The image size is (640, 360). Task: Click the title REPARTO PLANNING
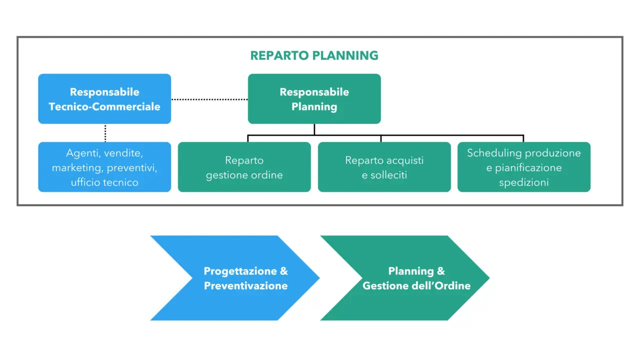point(314,55)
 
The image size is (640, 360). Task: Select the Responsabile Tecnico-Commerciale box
point(104,99)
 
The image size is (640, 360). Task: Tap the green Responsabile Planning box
point(314,99)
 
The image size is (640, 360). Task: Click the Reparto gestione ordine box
point(244,167)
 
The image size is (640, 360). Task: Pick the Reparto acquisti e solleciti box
point(384,167)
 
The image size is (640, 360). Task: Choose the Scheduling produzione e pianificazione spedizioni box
point(523,167)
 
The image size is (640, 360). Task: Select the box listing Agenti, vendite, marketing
point(104,167)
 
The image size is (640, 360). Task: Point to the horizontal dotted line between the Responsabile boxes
point(209,99)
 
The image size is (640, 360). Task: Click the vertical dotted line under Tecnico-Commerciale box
point(105,133)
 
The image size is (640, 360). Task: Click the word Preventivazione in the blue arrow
point(245,286)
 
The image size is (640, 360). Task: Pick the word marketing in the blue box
point(76,167)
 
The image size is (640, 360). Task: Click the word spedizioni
point(523,182)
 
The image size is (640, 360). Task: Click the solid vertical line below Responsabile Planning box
point(314,129)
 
